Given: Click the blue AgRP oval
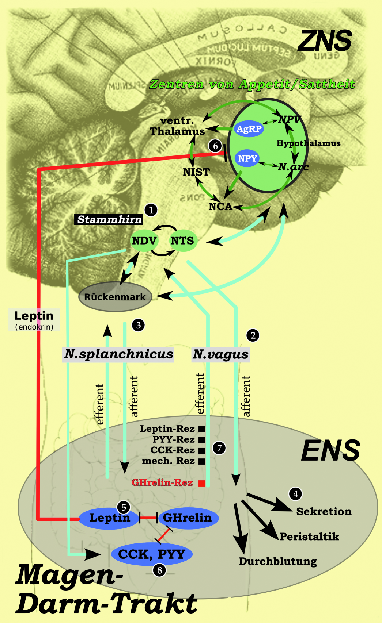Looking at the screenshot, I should click(249, 128).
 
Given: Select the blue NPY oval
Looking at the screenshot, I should click(247, 158).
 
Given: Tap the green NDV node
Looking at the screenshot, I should click(144, 241).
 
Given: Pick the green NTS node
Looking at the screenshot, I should click(182, 241).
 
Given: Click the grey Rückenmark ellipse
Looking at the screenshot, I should click(115, 297).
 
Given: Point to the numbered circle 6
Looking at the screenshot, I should click(215, 146).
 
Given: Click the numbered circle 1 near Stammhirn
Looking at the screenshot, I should click(151, 210).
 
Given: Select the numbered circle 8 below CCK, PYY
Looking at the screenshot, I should click(159, 570).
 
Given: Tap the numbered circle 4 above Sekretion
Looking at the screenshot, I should click(296, 494).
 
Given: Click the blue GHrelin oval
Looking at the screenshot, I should click(188, 518).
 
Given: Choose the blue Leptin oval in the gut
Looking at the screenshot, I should click(109, 518).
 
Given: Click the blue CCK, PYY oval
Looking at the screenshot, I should click(152, 554).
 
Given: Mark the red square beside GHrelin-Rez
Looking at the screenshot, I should click(201, 483).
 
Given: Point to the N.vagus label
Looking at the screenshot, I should click(220, 354).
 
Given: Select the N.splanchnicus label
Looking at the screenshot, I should click(118, 354).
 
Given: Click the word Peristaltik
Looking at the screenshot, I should click(309, 537).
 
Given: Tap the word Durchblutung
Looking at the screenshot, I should click(278, 561).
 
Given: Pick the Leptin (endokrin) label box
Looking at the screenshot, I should click(34, 320).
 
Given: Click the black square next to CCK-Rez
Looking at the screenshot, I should click(201, 450).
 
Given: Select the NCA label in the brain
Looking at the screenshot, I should click(220, 207).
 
